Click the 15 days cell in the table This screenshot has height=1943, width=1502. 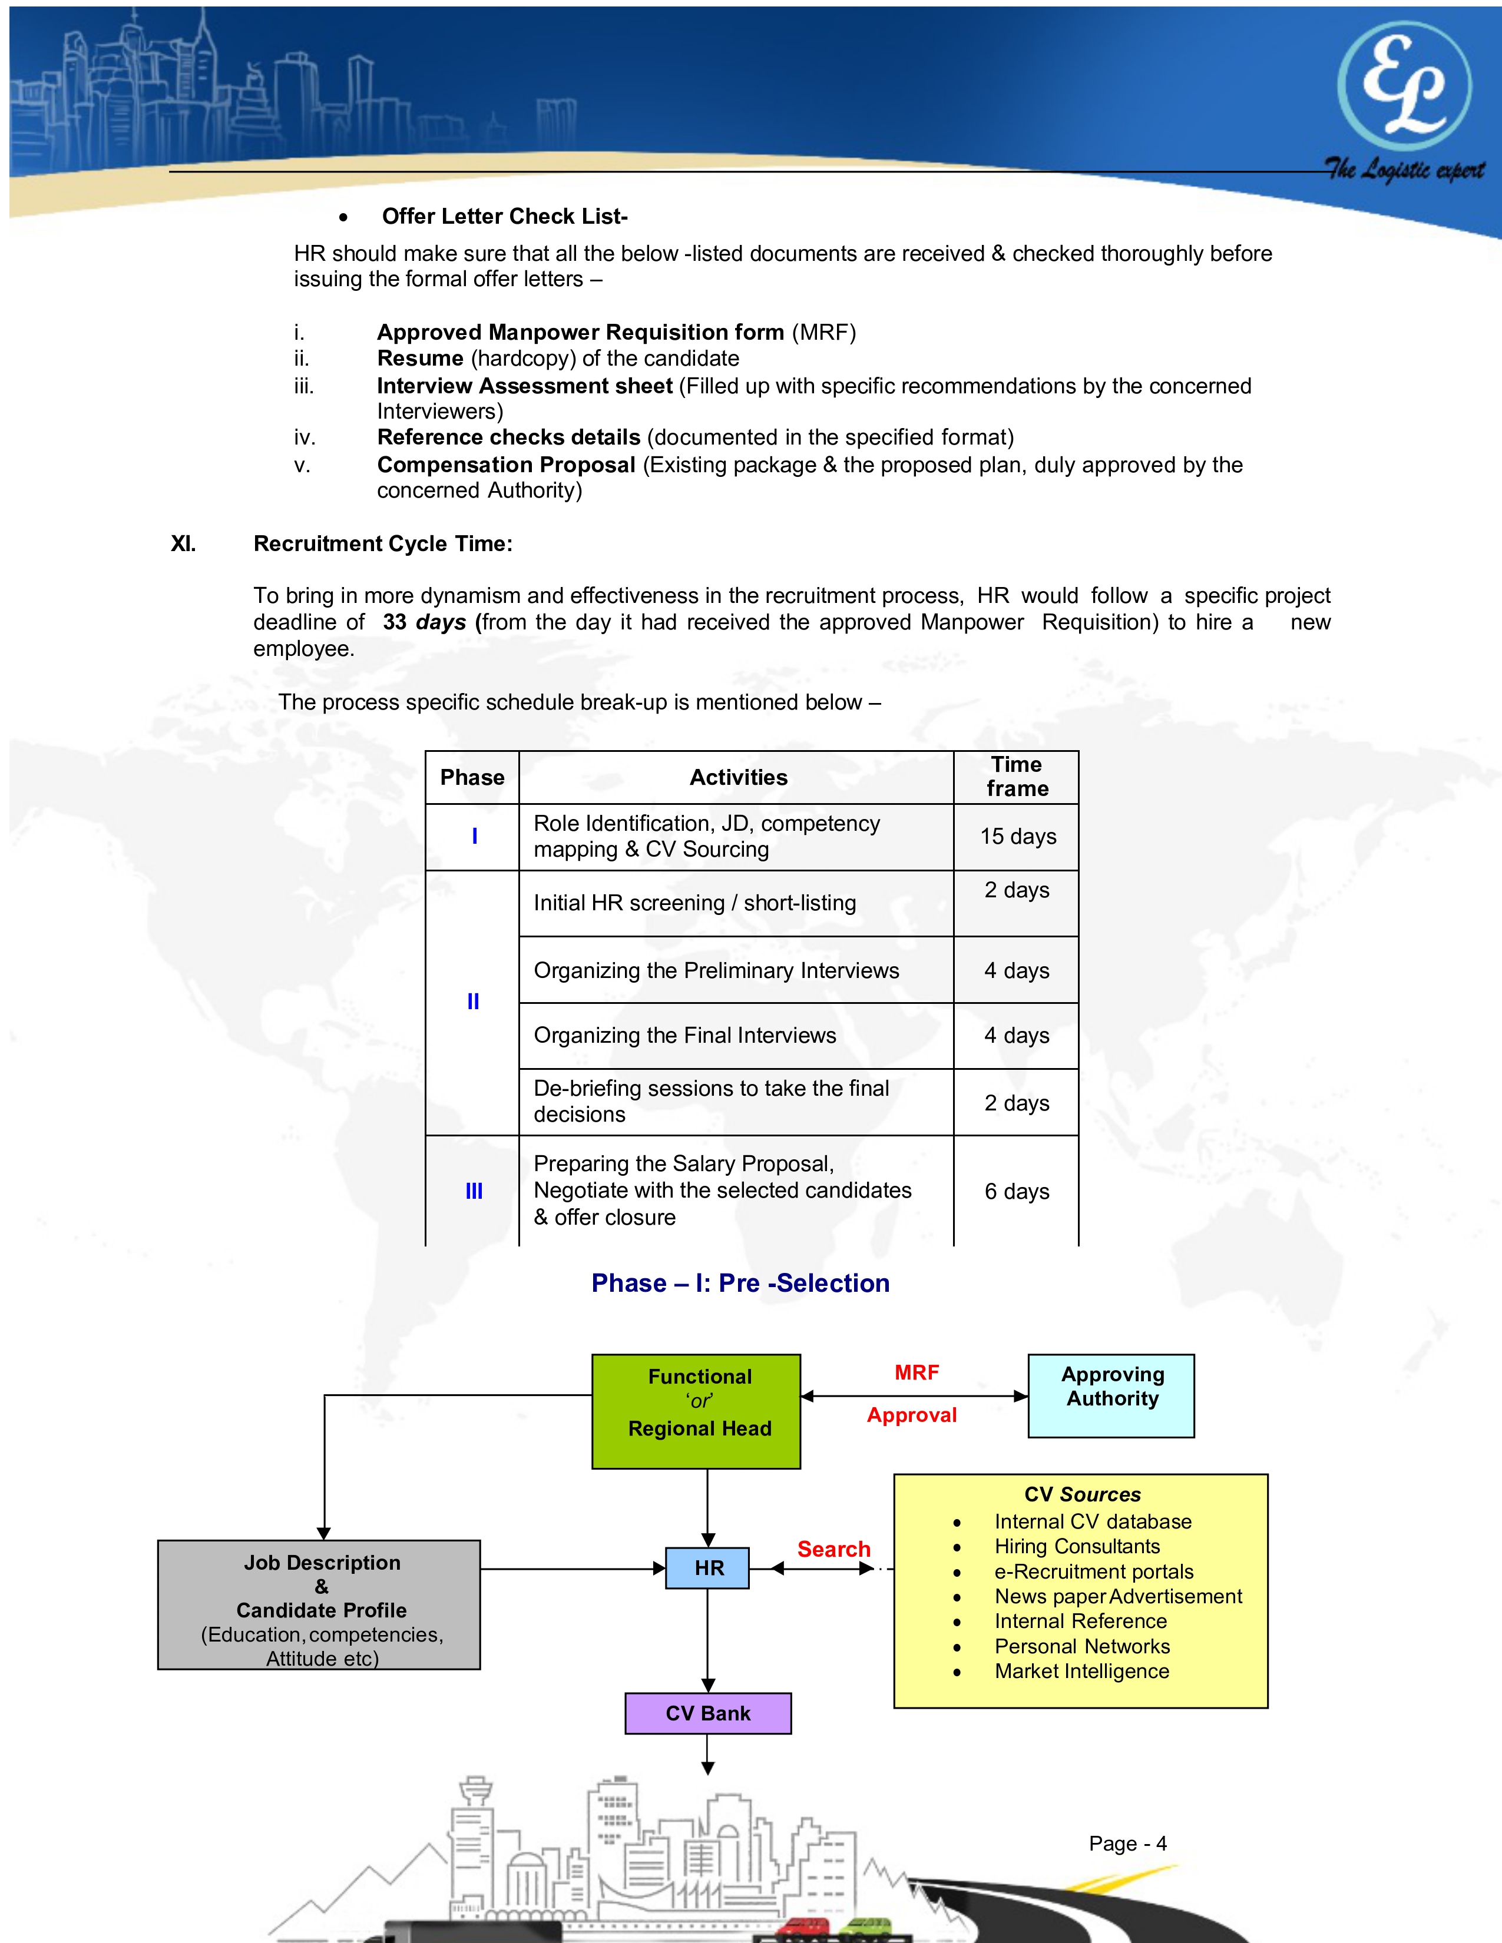point(1017,836)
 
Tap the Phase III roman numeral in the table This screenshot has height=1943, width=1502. point(474,1191)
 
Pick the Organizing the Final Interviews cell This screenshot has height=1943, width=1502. point(684,1036)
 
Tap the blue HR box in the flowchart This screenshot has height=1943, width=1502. point(707,1567)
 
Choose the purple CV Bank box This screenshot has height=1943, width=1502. point(707,1713)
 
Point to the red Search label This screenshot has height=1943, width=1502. point(833,1549)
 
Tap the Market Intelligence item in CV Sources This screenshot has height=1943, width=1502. point(1081,1671)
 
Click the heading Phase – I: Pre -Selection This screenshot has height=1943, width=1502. point(740,1283)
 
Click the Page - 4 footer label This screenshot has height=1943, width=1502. point(1126,1843)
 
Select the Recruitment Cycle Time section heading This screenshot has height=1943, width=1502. point(383,543)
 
